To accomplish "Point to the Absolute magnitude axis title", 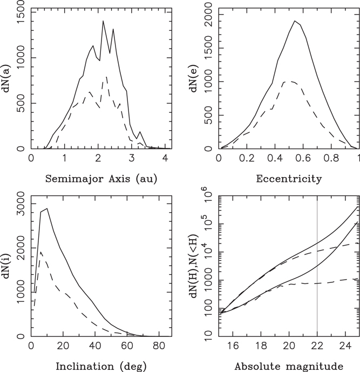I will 288,366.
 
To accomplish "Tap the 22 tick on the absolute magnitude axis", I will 317,347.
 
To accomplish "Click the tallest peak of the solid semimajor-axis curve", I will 103,21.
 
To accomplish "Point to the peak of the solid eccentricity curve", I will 295,21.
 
